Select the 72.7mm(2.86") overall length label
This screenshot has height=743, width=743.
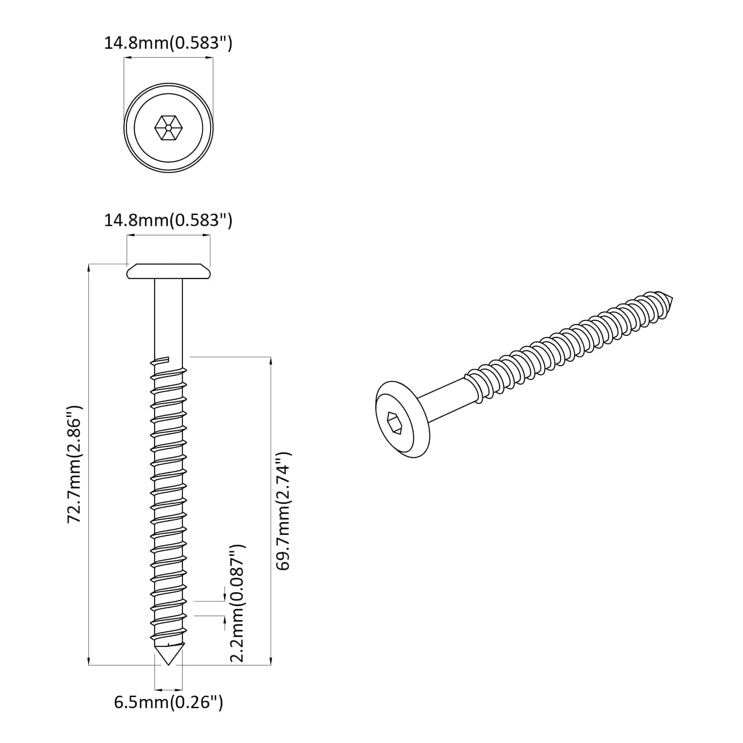click(75, 464)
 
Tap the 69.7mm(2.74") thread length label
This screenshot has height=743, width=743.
click(283, 511)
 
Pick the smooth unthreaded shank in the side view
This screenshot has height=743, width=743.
click(169, 320)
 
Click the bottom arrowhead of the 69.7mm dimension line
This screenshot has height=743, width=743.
click(271, 661)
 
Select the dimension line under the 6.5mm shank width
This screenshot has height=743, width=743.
click(169, 690)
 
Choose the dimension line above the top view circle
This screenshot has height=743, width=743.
click(169, 58)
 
